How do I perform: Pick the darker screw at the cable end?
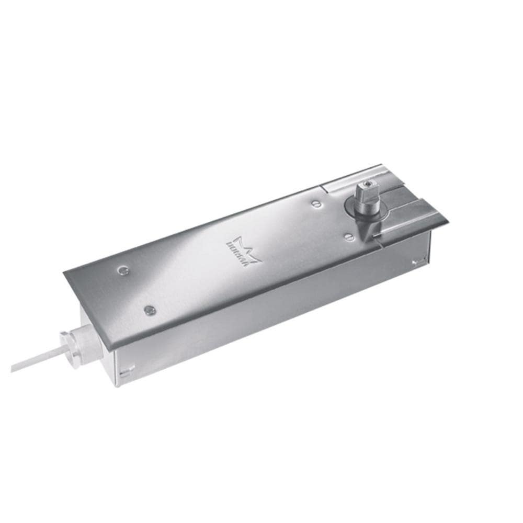(x=150, y=309)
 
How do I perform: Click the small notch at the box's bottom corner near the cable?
(x=123, y=372)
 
